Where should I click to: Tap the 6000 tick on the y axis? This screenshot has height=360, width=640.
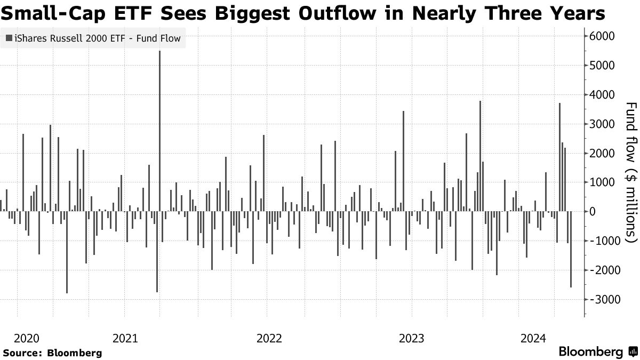[602, 36]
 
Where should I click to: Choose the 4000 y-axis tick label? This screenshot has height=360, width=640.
[602, 95]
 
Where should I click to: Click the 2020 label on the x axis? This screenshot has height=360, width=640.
[27, 338]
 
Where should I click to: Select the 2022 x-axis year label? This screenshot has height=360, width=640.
[269, 338]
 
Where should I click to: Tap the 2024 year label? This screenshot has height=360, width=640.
[533, 338]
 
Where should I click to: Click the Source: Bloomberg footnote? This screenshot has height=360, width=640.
[52, 353]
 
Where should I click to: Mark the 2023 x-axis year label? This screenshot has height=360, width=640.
[411, 338]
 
